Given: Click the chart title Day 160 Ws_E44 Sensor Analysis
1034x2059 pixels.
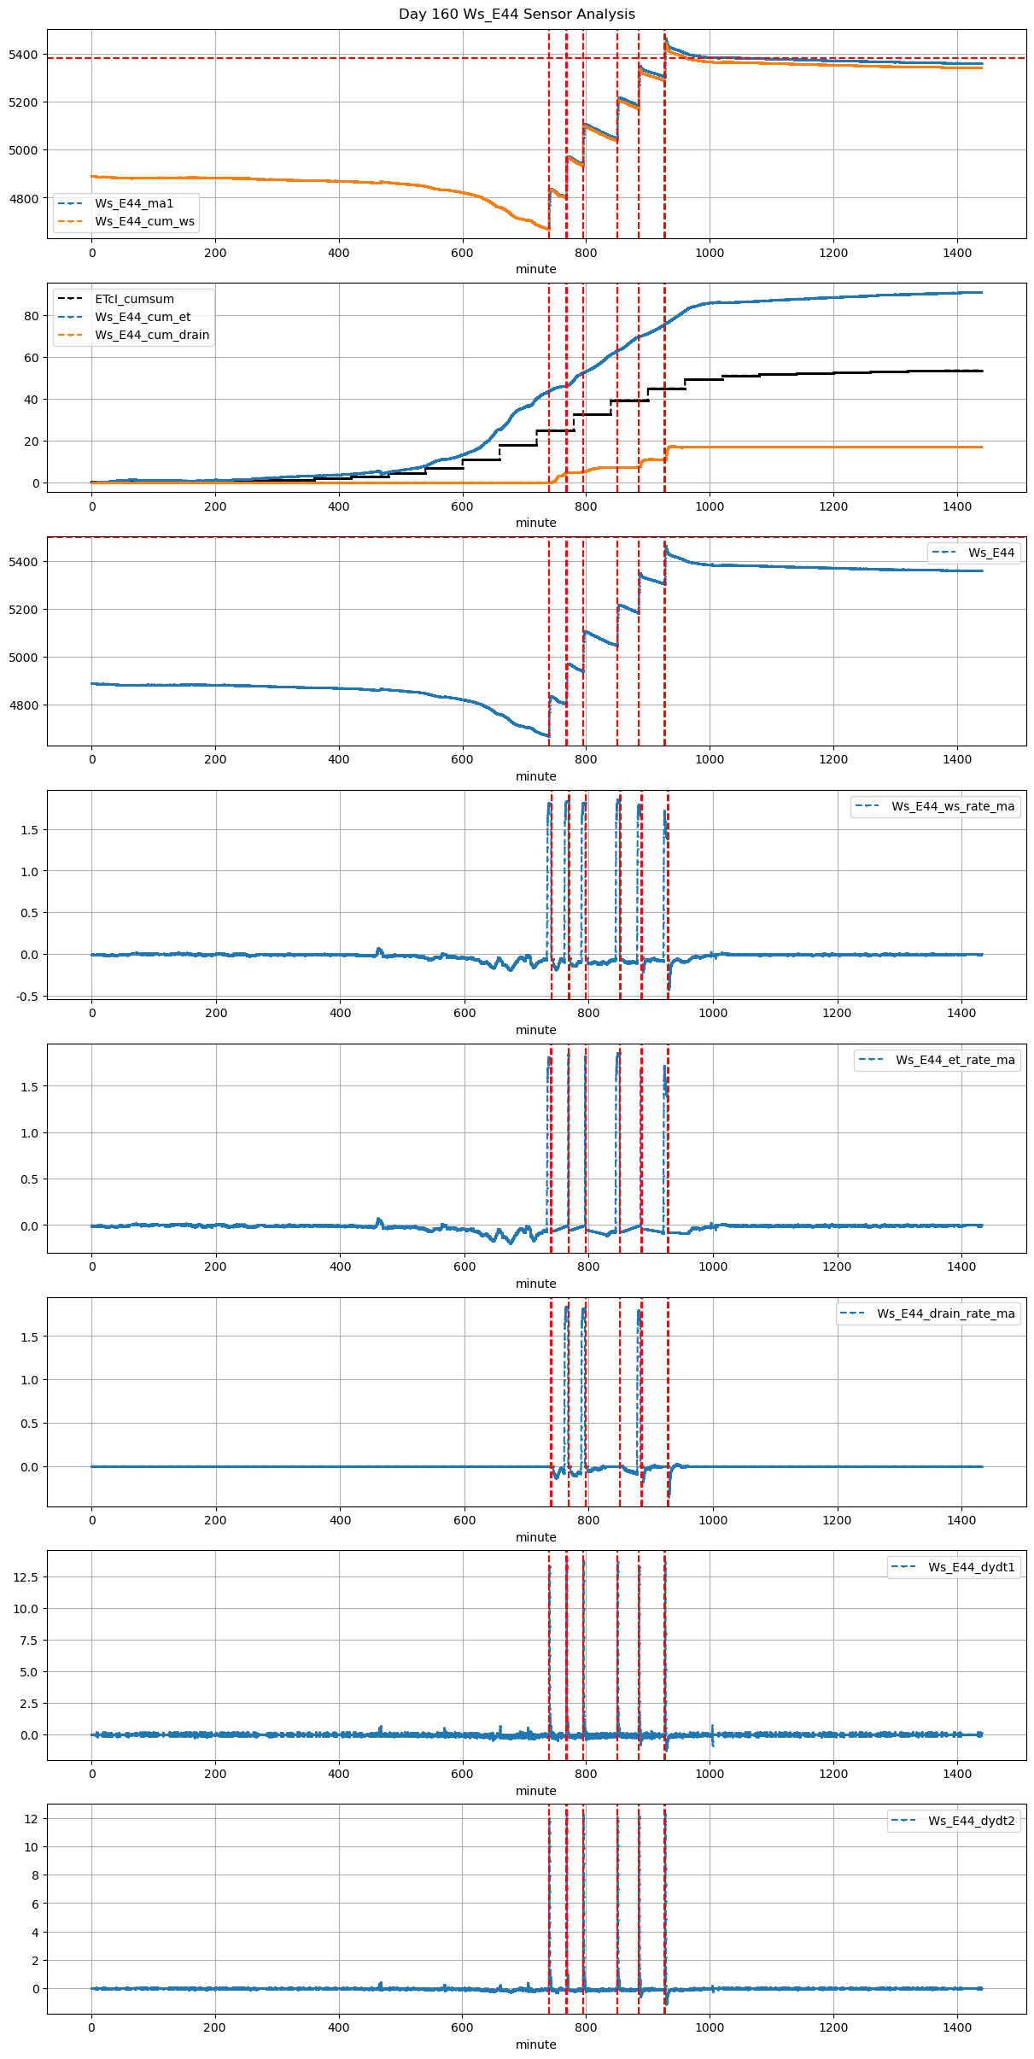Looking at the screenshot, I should [517, 15].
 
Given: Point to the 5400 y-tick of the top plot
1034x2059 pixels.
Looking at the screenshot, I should [24, 55].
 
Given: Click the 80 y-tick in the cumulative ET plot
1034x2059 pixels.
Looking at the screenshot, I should [32, 316].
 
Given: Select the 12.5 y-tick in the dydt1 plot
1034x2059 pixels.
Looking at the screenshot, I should [26, 1577].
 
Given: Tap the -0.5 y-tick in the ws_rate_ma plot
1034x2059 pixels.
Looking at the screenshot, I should [27, 996].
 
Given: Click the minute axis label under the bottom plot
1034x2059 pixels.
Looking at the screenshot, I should [535, 2044].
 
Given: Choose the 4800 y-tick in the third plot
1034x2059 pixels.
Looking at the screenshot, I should [24, 705].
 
